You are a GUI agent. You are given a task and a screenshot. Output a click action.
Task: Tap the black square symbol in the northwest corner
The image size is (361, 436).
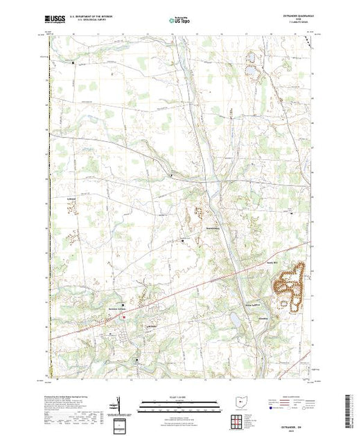pos(74,64)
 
